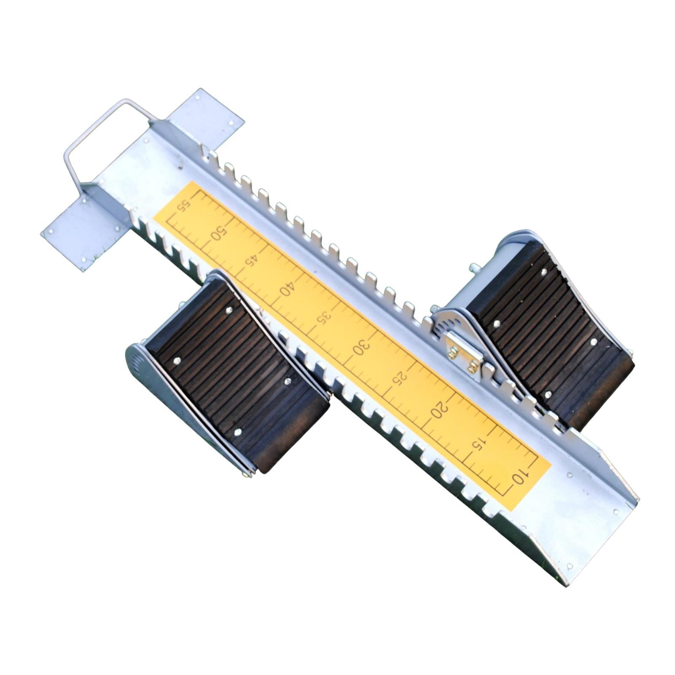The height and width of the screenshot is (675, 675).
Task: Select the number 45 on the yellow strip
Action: pos(252,260)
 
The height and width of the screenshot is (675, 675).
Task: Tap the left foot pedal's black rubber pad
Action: pos(236,375)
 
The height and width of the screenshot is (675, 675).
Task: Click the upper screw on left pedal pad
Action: pos(229,310)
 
